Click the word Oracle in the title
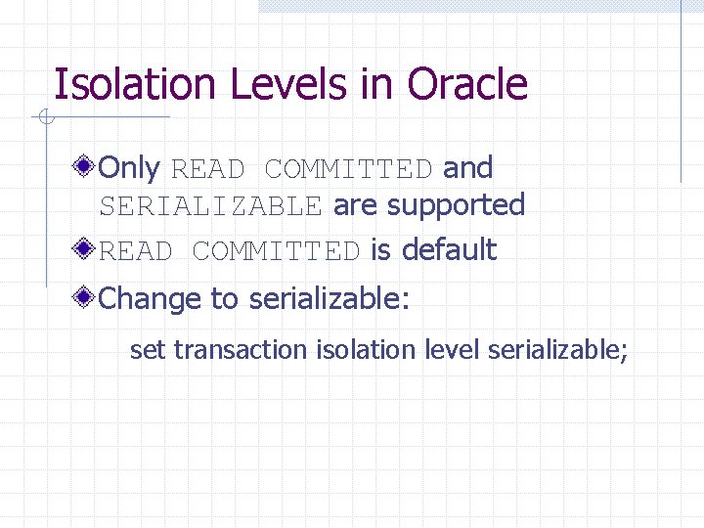tap(467, 85)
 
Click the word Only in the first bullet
tap(129, 168)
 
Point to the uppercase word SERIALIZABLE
tap(210, 206)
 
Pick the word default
tap(449, 250)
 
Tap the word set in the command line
tap(148, 349)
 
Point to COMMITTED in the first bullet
tap(348, 169)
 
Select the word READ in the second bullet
tap(136, 251)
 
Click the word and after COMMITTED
tap(468, 168)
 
